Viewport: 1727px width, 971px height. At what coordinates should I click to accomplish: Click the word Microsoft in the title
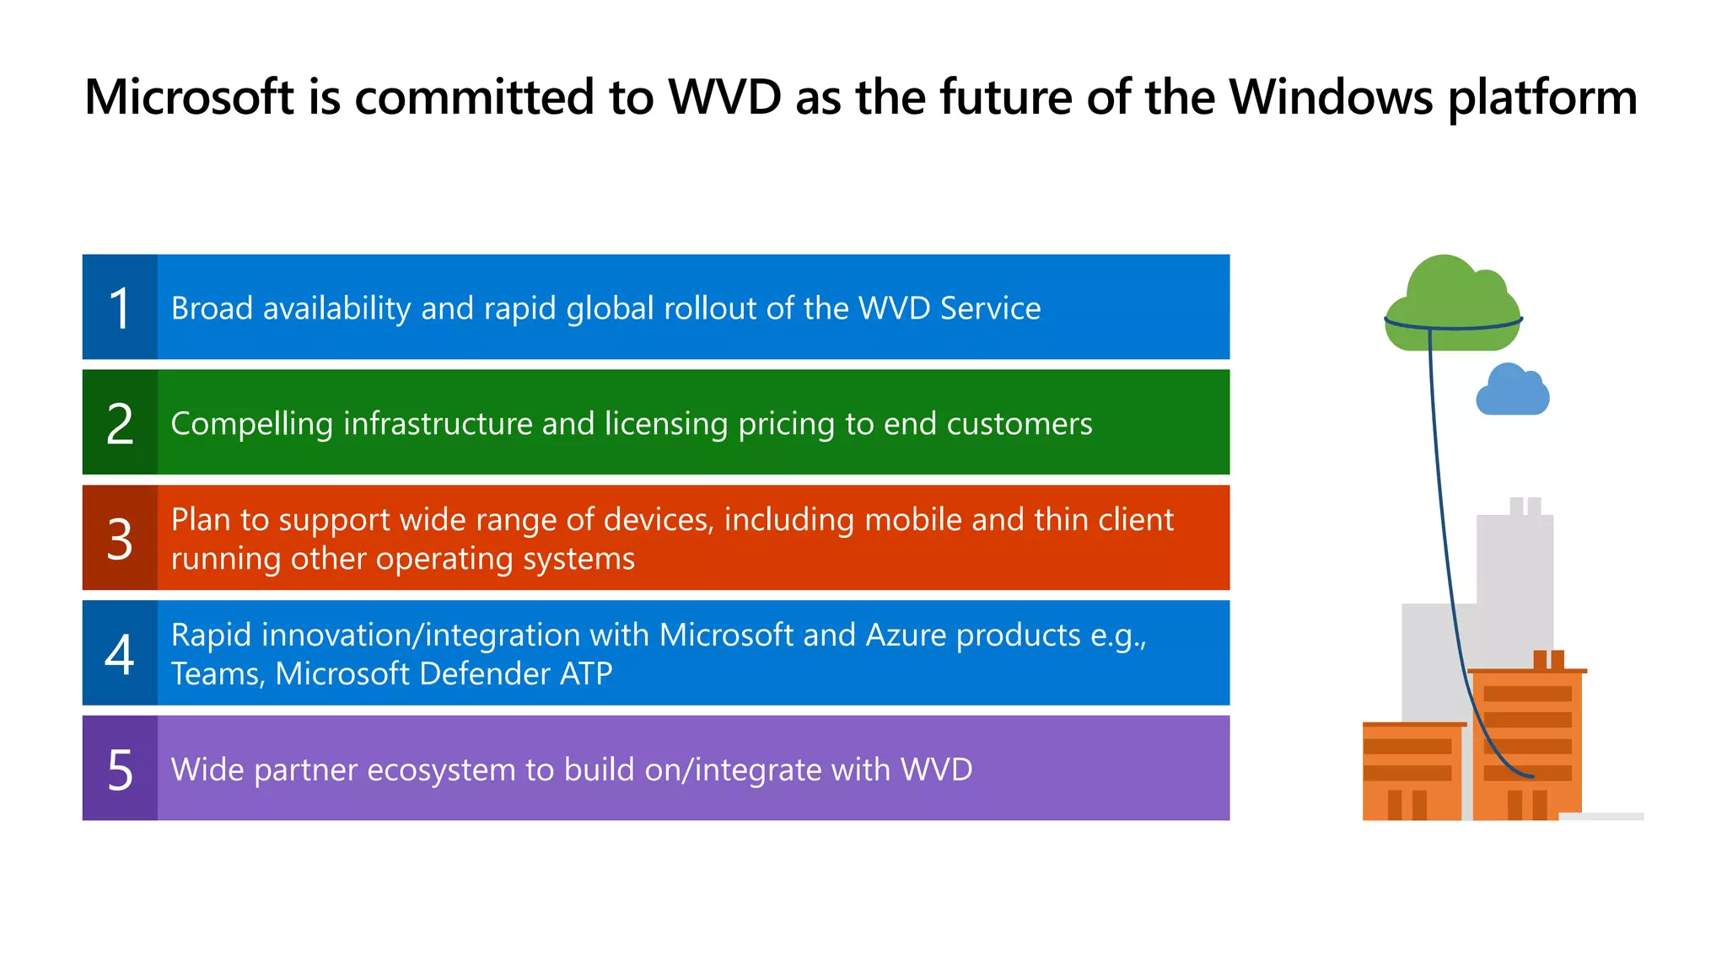(189, 97)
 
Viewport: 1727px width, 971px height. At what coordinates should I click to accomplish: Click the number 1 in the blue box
(120, 308)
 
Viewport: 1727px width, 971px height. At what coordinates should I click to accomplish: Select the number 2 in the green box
(120, 423)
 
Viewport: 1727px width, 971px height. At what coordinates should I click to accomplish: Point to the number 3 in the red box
(120, 539)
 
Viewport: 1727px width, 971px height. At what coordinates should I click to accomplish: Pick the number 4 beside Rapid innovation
(120, 654)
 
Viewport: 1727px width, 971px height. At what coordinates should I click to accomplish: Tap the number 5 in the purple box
(120, 770)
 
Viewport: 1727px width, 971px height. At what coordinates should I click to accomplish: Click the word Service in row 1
(990, 308)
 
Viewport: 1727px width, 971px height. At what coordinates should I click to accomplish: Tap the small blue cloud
(1512, 392)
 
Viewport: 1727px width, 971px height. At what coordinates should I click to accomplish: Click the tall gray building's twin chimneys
(1525, 507)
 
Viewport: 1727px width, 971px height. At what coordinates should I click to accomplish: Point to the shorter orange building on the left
(1412, 771)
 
